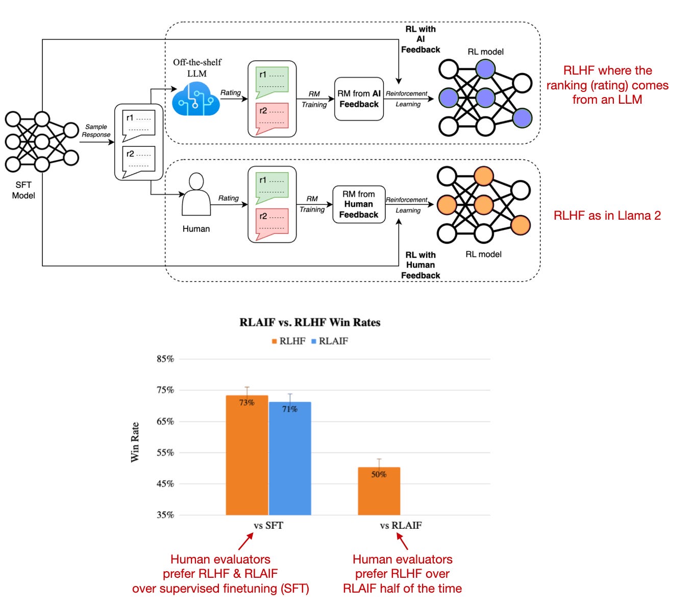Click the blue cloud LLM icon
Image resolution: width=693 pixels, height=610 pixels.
coord(195,99)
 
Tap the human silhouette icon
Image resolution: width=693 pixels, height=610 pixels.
coord(196,194)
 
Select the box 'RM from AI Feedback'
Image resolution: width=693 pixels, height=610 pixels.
coord(358,99)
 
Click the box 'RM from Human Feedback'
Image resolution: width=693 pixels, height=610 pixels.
coord(358,204)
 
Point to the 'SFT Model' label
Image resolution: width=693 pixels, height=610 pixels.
coord(23,190)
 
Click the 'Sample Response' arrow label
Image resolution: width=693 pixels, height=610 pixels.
coord(96,130)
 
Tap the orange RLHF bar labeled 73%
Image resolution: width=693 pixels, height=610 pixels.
coord(246,455)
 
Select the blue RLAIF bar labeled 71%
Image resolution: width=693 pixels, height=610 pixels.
coord(290,458)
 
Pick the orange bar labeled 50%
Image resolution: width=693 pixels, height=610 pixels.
coord(379,491)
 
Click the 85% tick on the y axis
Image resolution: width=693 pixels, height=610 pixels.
coord(165,359)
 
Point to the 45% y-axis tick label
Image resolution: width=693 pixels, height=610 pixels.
coord(165,484)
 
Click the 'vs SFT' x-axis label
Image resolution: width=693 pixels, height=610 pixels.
coord(268,525)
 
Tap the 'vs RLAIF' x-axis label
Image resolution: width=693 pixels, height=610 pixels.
coord(401,525)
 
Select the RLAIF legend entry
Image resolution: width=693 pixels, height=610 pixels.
coord(329,341)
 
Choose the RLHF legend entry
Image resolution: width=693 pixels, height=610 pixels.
coord(288,341)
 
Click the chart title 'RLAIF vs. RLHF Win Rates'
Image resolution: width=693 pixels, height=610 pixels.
coord(310,322)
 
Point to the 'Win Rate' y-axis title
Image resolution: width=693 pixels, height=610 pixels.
coord(135,442)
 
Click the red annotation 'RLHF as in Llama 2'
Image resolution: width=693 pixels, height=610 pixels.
coord(607,216)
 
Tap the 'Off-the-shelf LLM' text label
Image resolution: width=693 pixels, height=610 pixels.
coord(197,67)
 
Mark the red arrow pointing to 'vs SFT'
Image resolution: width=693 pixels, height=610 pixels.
coord(245,541)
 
